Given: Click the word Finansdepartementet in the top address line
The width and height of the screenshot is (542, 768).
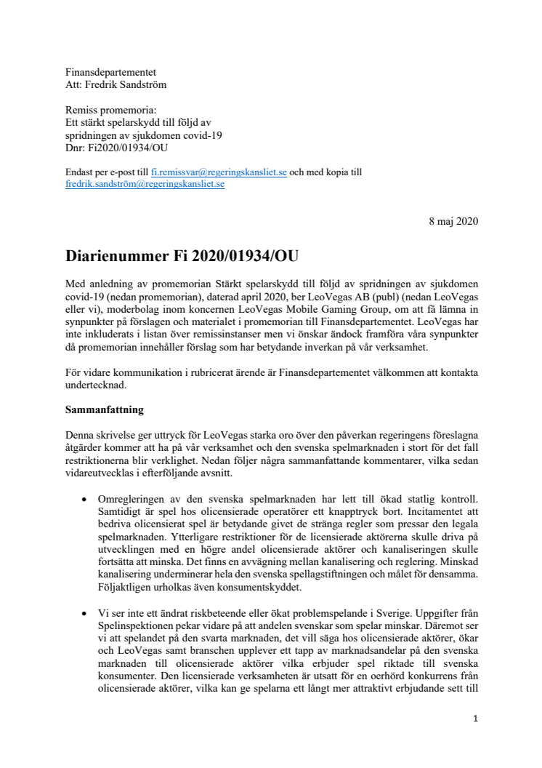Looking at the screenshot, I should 110,73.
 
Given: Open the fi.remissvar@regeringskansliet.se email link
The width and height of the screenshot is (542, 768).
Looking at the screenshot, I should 218,172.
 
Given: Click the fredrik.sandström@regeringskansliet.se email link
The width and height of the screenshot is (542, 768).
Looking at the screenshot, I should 145,184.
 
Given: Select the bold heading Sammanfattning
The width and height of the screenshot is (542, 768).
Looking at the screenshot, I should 104,409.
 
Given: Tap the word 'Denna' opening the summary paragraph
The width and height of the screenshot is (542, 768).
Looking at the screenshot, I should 79,433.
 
